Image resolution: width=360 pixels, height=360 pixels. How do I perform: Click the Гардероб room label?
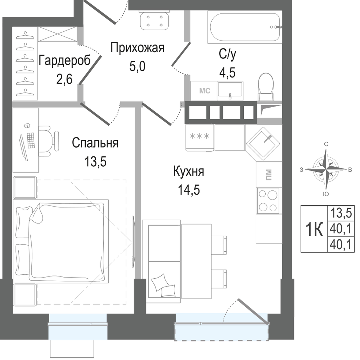click(x=64, y=61)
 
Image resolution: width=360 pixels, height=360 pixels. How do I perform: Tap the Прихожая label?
click(x=137, y=48)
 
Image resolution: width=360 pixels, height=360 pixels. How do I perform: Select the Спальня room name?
click(x=95, y=143)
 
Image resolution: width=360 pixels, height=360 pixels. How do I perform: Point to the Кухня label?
click(x=189, y=171)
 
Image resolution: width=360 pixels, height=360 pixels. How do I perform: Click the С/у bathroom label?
click(x=227, y=54)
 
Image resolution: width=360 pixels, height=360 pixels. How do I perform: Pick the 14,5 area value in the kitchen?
click(x=189, y=190)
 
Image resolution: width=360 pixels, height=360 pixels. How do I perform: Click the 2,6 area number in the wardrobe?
click(x=64, y=79)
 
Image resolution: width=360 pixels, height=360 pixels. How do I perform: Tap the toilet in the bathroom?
click(x=266, y=87)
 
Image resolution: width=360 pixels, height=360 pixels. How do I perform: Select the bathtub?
click(x=244, y=27)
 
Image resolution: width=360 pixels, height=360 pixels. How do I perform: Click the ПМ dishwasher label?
click(x=269, y=175)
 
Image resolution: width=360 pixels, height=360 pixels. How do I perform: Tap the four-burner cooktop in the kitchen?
click(x=268, y=201)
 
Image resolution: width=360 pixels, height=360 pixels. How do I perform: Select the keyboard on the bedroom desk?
click(x=31, y=140)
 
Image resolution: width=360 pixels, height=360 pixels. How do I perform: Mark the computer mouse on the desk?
click(x=27, y=126)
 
